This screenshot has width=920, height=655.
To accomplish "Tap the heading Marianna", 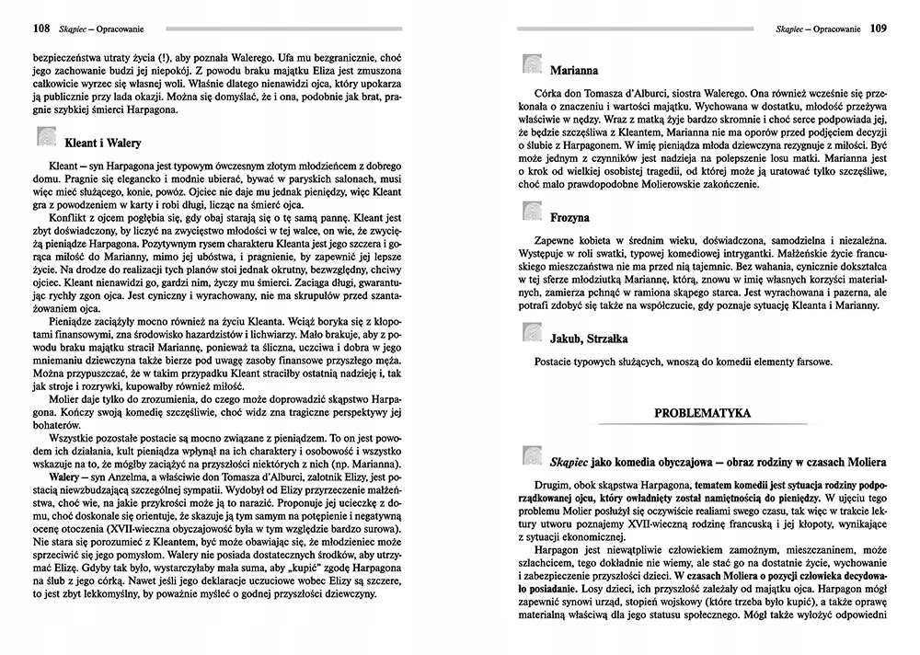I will (x=574, y=70).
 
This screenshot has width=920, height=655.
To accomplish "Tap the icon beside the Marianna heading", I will (x=533, y=65).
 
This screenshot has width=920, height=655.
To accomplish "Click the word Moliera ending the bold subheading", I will (x=859, y=459).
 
